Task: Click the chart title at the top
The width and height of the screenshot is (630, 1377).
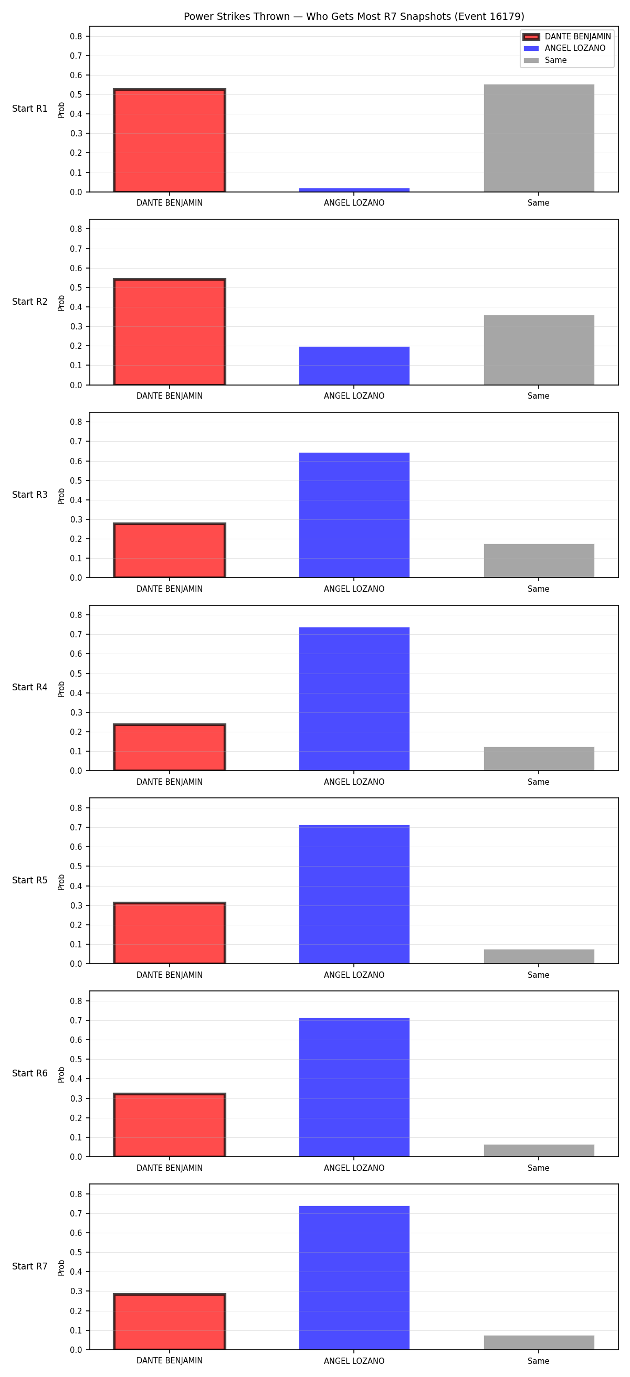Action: tap(354, 17)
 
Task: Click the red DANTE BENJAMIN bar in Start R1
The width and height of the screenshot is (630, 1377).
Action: tap(170, 140)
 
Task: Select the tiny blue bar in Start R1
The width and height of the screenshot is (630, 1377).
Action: tap(354, 190)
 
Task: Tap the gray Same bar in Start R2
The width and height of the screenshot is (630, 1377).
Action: tap(539, 350)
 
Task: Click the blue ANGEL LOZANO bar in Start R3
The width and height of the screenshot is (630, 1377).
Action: tap(354, 515)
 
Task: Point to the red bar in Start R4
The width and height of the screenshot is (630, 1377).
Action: tap(170, 748)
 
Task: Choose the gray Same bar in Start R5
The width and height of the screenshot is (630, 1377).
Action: tap(539, 957)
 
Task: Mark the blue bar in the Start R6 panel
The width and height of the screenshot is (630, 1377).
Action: tap(354, 1087)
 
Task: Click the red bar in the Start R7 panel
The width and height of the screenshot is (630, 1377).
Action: tap(170, 1321)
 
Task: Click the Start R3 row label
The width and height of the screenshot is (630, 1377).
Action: tap(30, 495)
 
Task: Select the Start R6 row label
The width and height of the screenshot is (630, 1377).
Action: tap(30, 1073)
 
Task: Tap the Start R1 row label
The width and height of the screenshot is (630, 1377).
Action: tap(30, 109)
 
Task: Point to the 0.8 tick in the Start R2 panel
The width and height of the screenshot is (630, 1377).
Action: tap(76, 229)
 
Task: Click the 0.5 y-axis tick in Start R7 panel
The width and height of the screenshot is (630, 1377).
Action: tap(76, 1253)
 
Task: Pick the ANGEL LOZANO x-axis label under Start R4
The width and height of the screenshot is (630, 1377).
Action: tap(354, 782)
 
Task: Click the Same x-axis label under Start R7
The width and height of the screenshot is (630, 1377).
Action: tap(539, 1361)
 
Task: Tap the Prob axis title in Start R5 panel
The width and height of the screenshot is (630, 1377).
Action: tap(61, 882)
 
